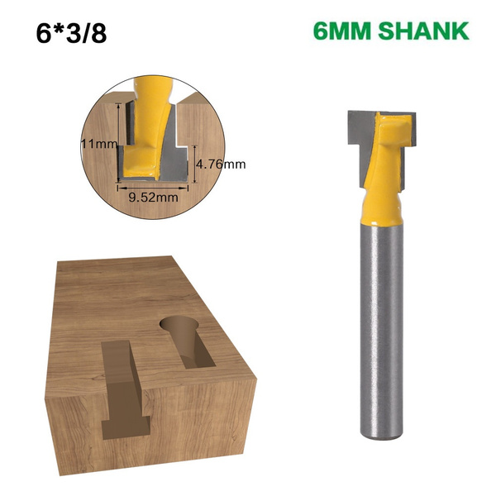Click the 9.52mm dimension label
click(152, 198)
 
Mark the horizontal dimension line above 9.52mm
click(152, 187)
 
